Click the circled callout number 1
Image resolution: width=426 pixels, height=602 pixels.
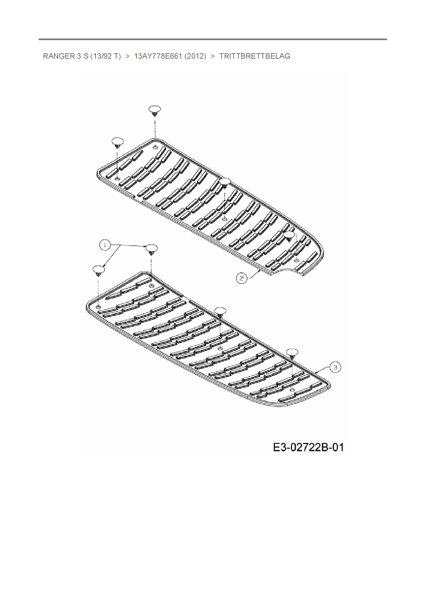[105, 245]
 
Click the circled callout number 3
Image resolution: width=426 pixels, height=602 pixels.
[336, 367]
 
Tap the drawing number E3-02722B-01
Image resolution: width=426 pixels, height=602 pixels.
[308, 448]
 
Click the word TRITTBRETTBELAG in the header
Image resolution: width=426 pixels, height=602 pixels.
[255, 56]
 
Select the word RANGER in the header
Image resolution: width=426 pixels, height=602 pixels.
[57, 56]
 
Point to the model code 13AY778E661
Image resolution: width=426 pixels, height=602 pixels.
[158, 56]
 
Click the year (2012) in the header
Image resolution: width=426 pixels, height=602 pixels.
[195, 56]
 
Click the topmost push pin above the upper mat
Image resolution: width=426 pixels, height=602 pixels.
[155, 110]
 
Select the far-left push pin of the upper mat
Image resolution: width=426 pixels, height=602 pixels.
[117, 142]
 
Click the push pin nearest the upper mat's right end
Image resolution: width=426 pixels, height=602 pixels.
[290, 235]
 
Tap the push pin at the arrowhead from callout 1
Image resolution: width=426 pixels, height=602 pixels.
[152, 249]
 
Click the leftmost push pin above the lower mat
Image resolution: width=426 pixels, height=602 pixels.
[99, 270]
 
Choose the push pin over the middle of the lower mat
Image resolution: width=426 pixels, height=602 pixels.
[220, 312]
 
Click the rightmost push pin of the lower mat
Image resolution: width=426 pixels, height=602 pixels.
[292, 353]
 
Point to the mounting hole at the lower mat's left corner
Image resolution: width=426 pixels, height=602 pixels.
[99, 306]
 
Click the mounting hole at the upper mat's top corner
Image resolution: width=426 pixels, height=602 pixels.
[155, 147]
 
